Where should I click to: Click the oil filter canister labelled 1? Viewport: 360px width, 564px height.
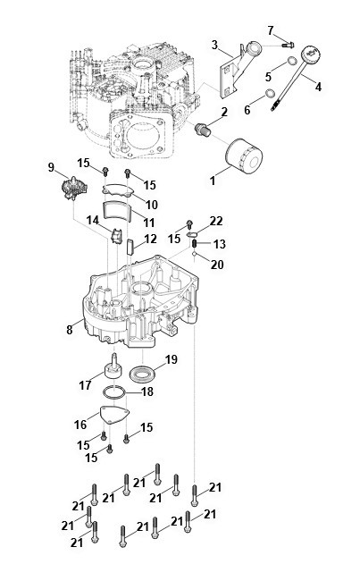(244, 155)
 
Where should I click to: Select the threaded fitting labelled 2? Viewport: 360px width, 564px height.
(203, 130)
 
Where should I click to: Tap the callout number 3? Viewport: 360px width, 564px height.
(214, 45)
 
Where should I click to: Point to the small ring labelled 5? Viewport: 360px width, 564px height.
(292, 61)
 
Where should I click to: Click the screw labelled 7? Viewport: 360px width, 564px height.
(288, 45)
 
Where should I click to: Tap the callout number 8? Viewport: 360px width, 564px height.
(70, 330)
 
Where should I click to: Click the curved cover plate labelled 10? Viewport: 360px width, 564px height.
(118, 190)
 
